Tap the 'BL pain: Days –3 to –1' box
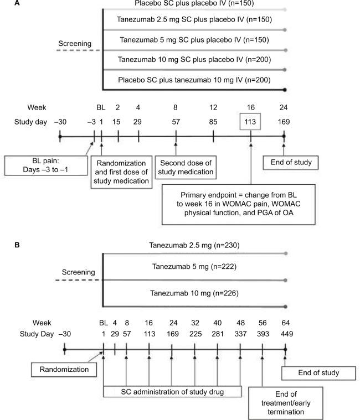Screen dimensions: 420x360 (x=46, y=164)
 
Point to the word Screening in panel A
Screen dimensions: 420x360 (x=77, y=43)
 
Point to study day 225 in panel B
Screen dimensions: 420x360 (x=195, y=334)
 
